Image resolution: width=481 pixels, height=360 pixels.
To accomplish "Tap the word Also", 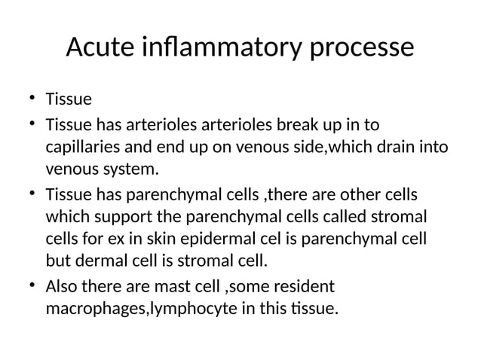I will [x=63, y=286].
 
